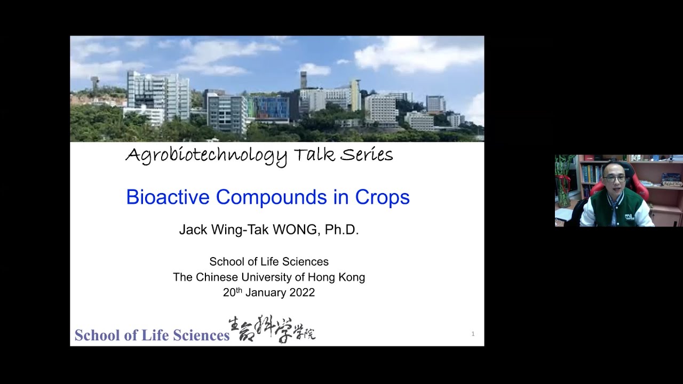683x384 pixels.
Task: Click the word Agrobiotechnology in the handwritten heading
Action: (x=206, y=155)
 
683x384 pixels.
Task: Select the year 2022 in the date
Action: (x=302, y=292)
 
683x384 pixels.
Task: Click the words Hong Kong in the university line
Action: (x=341, y=277)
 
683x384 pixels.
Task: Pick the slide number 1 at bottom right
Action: (x=473, y=334)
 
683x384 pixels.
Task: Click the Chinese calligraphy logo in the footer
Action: (x=272, y=329)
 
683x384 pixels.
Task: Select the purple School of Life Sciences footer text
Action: (x=152, y=335)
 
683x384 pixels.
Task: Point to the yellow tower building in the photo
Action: (x=355, y=95)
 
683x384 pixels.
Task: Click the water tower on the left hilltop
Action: (x=94, y=83)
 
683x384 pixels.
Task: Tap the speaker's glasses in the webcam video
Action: (x=615, y=179)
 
